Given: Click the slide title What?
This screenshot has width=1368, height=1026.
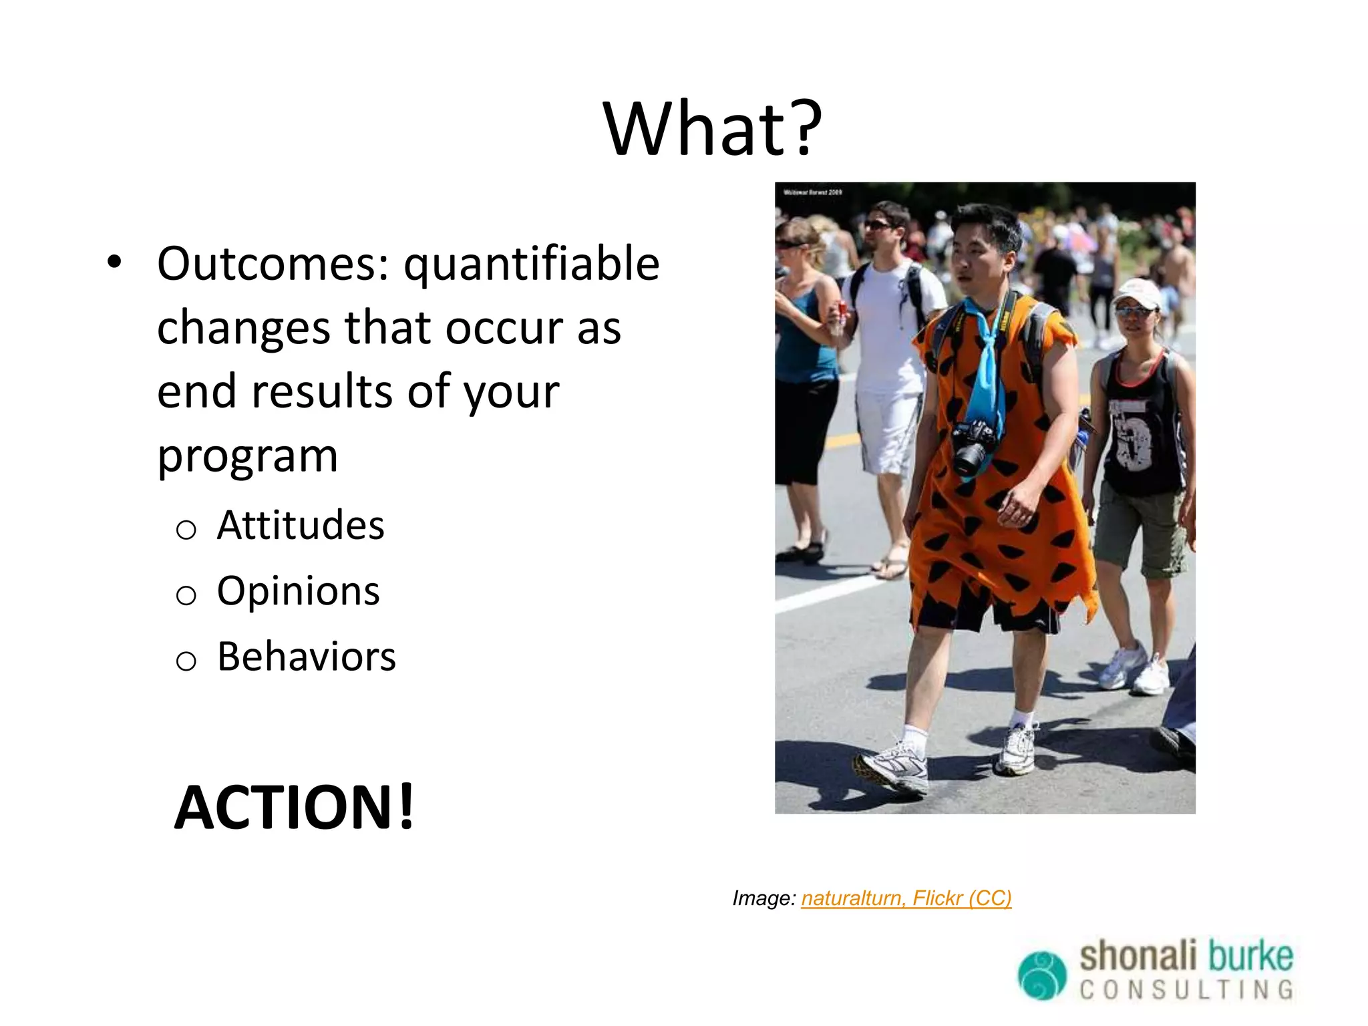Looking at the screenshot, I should [x=712, y=128].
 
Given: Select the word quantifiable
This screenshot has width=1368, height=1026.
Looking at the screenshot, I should [x=532, y=265].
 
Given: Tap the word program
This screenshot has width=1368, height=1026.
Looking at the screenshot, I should [x=247, y=457].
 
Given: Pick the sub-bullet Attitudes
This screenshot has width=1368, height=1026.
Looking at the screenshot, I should [x=301, y=525].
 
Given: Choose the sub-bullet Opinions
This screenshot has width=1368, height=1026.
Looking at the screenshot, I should [x=298, y=591].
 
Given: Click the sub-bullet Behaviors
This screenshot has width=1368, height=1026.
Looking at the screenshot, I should [x=306, y=657].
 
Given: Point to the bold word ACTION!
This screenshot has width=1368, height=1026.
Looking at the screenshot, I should [x=294, y=808].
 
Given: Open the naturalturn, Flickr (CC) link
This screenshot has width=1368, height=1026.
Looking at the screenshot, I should [x=906, y=898].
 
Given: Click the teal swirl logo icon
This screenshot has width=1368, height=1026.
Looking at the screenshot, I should [x=1041, y=975].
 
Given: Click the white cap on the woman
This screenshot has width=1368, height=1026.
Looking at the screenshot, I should [x=1138, y=292].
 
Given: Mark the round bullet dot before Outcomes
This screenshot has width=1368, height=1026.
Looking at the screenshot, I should [x=114, y=263].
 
